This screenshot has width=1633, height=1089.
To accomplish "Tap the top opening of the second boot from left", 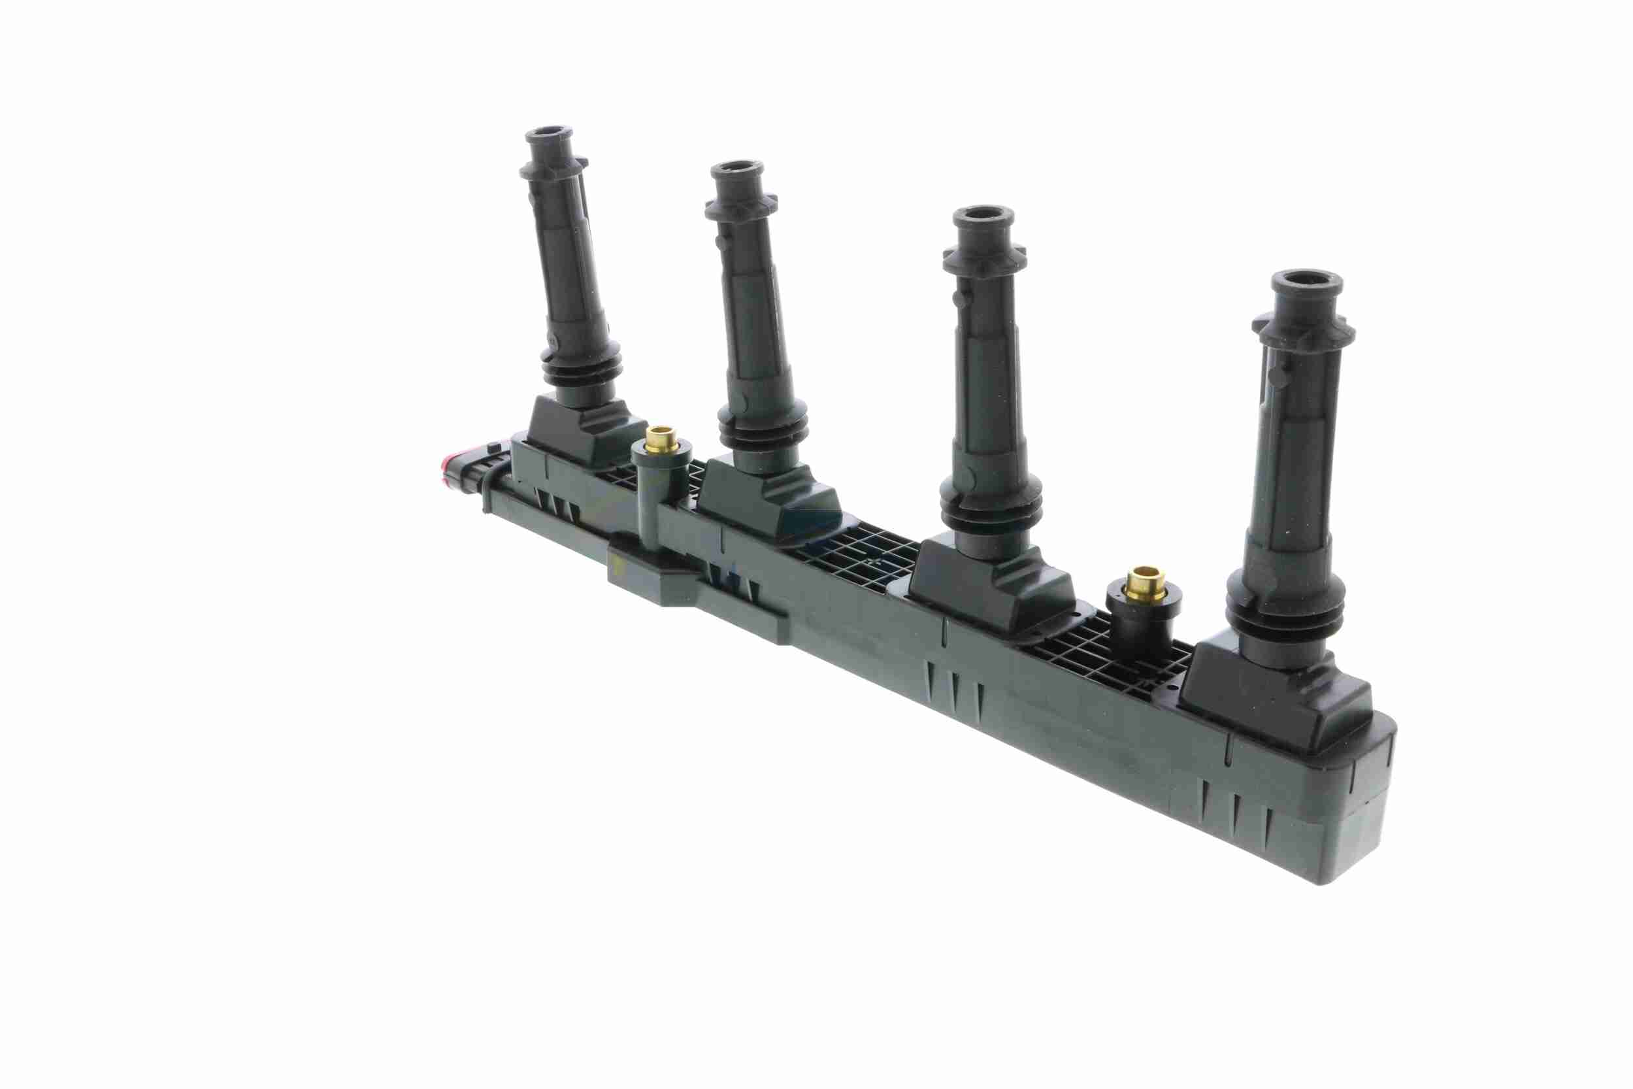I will [736, 167].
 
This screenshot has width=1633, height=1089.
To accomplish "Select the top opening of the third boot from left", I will [982, 214].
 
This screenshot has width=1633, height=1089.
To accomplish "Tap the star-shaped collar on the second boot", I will [741, 205].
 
